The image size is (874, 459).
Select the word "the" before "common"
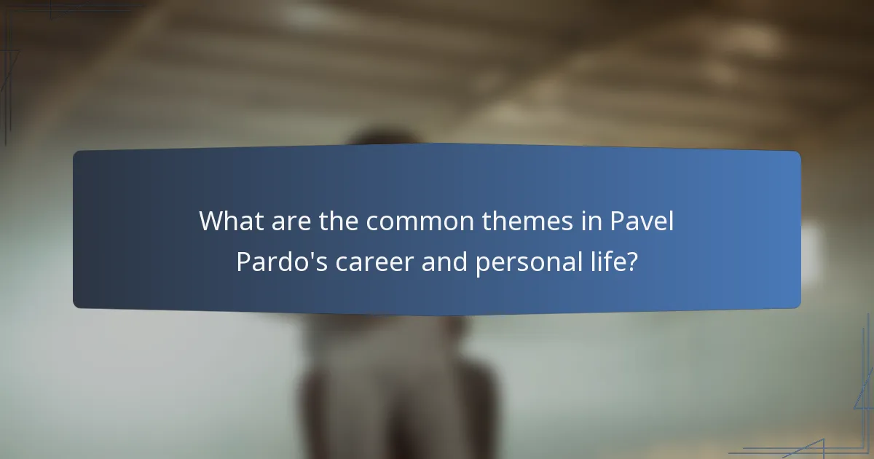click(339, 221)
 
